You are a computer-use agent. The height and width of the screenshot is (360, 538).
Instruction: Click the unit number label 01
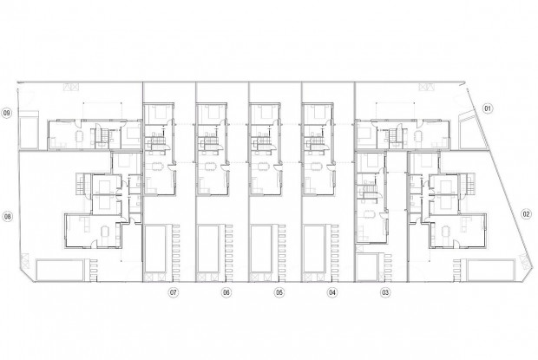487,108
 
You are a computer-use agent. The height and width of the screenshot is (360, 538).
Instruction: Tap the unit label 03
384,293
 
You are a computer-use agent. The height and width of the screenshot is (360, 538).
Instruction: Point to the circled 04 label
332,293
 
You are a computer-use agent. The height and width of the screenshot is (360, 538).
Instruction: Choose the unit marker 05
279,293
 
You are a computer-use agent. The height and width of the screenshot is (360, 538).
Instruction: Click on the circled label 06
226,293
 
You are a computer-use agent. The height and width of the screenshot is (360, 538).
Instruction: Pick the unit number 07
174,293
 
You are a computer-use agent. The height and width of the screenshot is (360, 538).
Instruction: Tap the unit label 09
7,114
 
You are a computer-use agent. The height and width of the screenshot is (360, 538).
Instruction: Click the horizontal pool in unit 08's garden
62,269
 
